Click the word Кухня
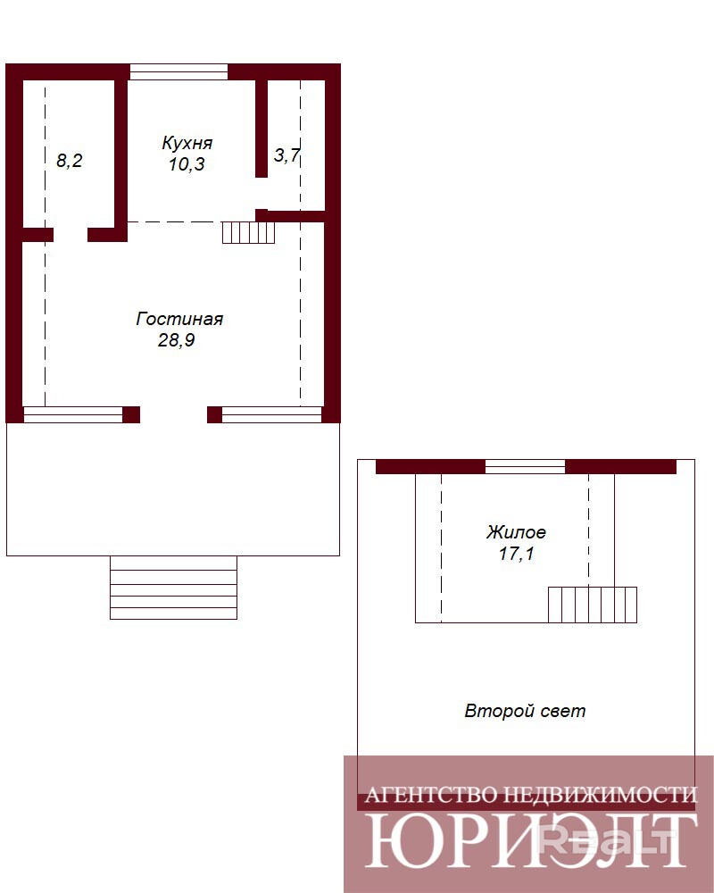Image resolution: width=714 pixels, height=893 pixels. pyautogui.click(x=187, y=143)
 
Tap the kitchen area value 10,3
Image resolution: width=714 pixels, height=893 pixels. pyautogui.click(x=187, y=164)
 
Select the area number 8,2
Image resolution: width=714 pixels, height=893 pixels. pyautogui.click(x=69, y=161)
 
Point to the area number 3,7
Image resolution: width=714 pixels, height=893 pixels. pyautogui.click(x=286, y=154)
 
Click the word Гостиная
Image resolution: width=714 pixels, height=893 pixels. pyautogui.click(x=179, y=319)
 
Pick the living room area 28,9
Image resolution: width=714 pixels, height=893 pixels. pyautogui.click(x=177, y=340)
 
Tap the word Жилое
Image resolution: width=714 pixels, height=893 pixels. pyautogui.click(x=516, y=532)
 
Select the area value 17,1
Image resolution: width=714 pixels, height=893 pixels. pyautogui.click(x=517, y=554)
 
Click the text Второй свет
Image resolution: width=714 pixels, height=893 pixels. pyautogui.click(x=525, y=711)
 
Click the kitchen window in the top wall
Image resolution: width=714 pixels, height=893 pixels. pyautogui.click(x=178, y=71)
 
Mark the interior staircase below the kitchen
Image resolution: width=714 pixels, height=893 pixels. pyautogui.click(x=248, y=232)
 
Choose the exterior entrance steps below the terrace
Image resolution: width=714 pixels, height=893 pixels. pyautogui.click(x=173, y=588)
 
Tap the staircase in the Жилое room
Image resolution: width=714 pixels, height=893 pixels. pyautogui.click(x=592, y=605)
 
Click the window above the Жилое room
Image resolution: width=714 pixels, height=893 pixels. pyautogui.click(x=525, y=467)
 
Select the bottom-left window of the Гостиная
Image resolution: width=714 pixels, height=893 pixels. pyautogui.click(x=73, y=414)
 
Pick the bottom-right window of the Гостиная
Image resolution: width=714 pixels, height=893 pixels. pyautogui.click(x=271, y=414)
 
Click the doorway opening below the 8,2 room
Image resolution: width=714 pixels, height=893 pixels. pyautogui.click(x=70, y=235)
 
